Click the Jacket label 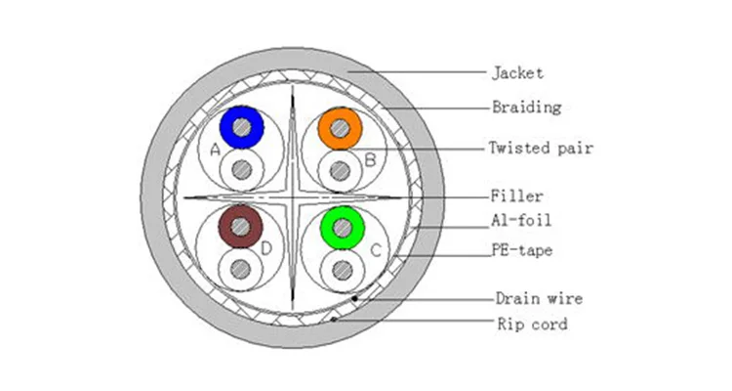pos(517,73)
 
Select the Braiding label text pos(527,108)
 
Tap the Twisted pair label pos(541,148)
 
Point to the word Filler pos(516,195)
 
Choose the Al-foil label pos(521,220)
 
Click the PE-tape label pos(522,250)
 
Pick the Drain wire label pos(539,298)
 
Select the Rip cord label pos(532,324)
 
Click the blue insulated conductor pos(242,127)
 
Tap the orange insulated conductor pos(341,128)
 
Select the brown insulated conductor pos(240,227)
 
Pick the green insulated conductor pos(343,228)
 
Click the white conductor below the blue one pos(242,169)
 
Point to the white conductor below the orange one pos(341,171)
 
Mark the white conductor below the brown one pos(240,269)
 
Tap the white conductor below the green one pos(343,271)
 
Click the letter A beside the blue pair pos(215,151)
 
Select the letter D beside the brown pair pos(266,248)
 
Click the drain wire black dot pos(355,298)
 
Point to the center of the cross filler pos(293,197)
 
